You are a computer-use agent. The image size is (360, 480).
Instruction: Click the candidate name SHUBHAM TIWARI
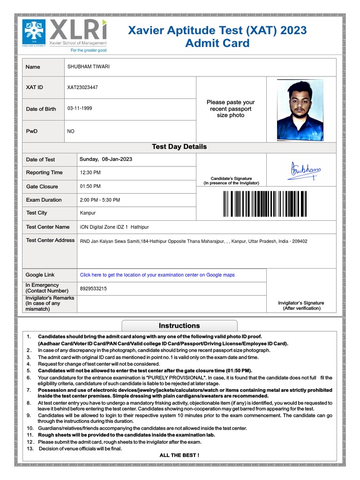pos(89,67)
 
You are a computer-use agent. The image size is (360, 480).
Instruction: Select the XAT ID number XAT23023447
pos(83,87)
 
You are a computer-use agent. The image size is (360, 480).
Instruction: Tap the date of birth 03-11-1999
pos(80,108)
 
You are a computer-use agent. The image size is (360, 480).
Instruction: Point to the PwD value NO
pos(71,131)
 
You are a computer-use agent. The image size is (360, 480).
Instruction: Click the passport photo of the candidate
pos(300,110)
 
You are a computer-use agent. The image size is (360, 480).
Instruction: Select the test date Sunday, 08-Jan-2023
pos(106,159)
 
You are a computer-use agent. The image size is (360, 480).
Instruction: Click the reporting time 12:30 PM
pos(90,172)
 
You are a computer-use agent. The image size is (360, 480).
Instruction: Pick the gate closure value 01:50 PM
pos(90,187)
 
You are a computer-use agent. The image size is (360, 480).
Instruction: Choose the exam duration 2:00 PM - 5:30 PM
pos(100,200)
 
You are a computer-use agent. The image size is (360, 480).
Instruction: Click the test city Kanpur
pos(88,213)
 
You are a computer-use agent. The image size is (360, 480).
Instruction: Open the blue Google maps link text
pos(157,275)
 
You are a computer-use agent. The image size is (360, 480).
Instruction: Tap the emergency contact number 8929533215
pos(93,288)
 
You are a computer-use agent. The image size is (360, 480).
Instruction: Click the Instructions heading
pos(179,326)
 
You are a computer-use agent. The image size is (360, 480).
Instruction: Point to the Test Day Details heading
pos(179,147)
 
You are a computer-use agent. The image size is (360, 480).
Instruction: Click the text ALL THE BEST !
pos(179,455)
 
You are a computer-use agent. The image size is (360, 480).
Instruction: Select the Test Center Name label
pos(48,227)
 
